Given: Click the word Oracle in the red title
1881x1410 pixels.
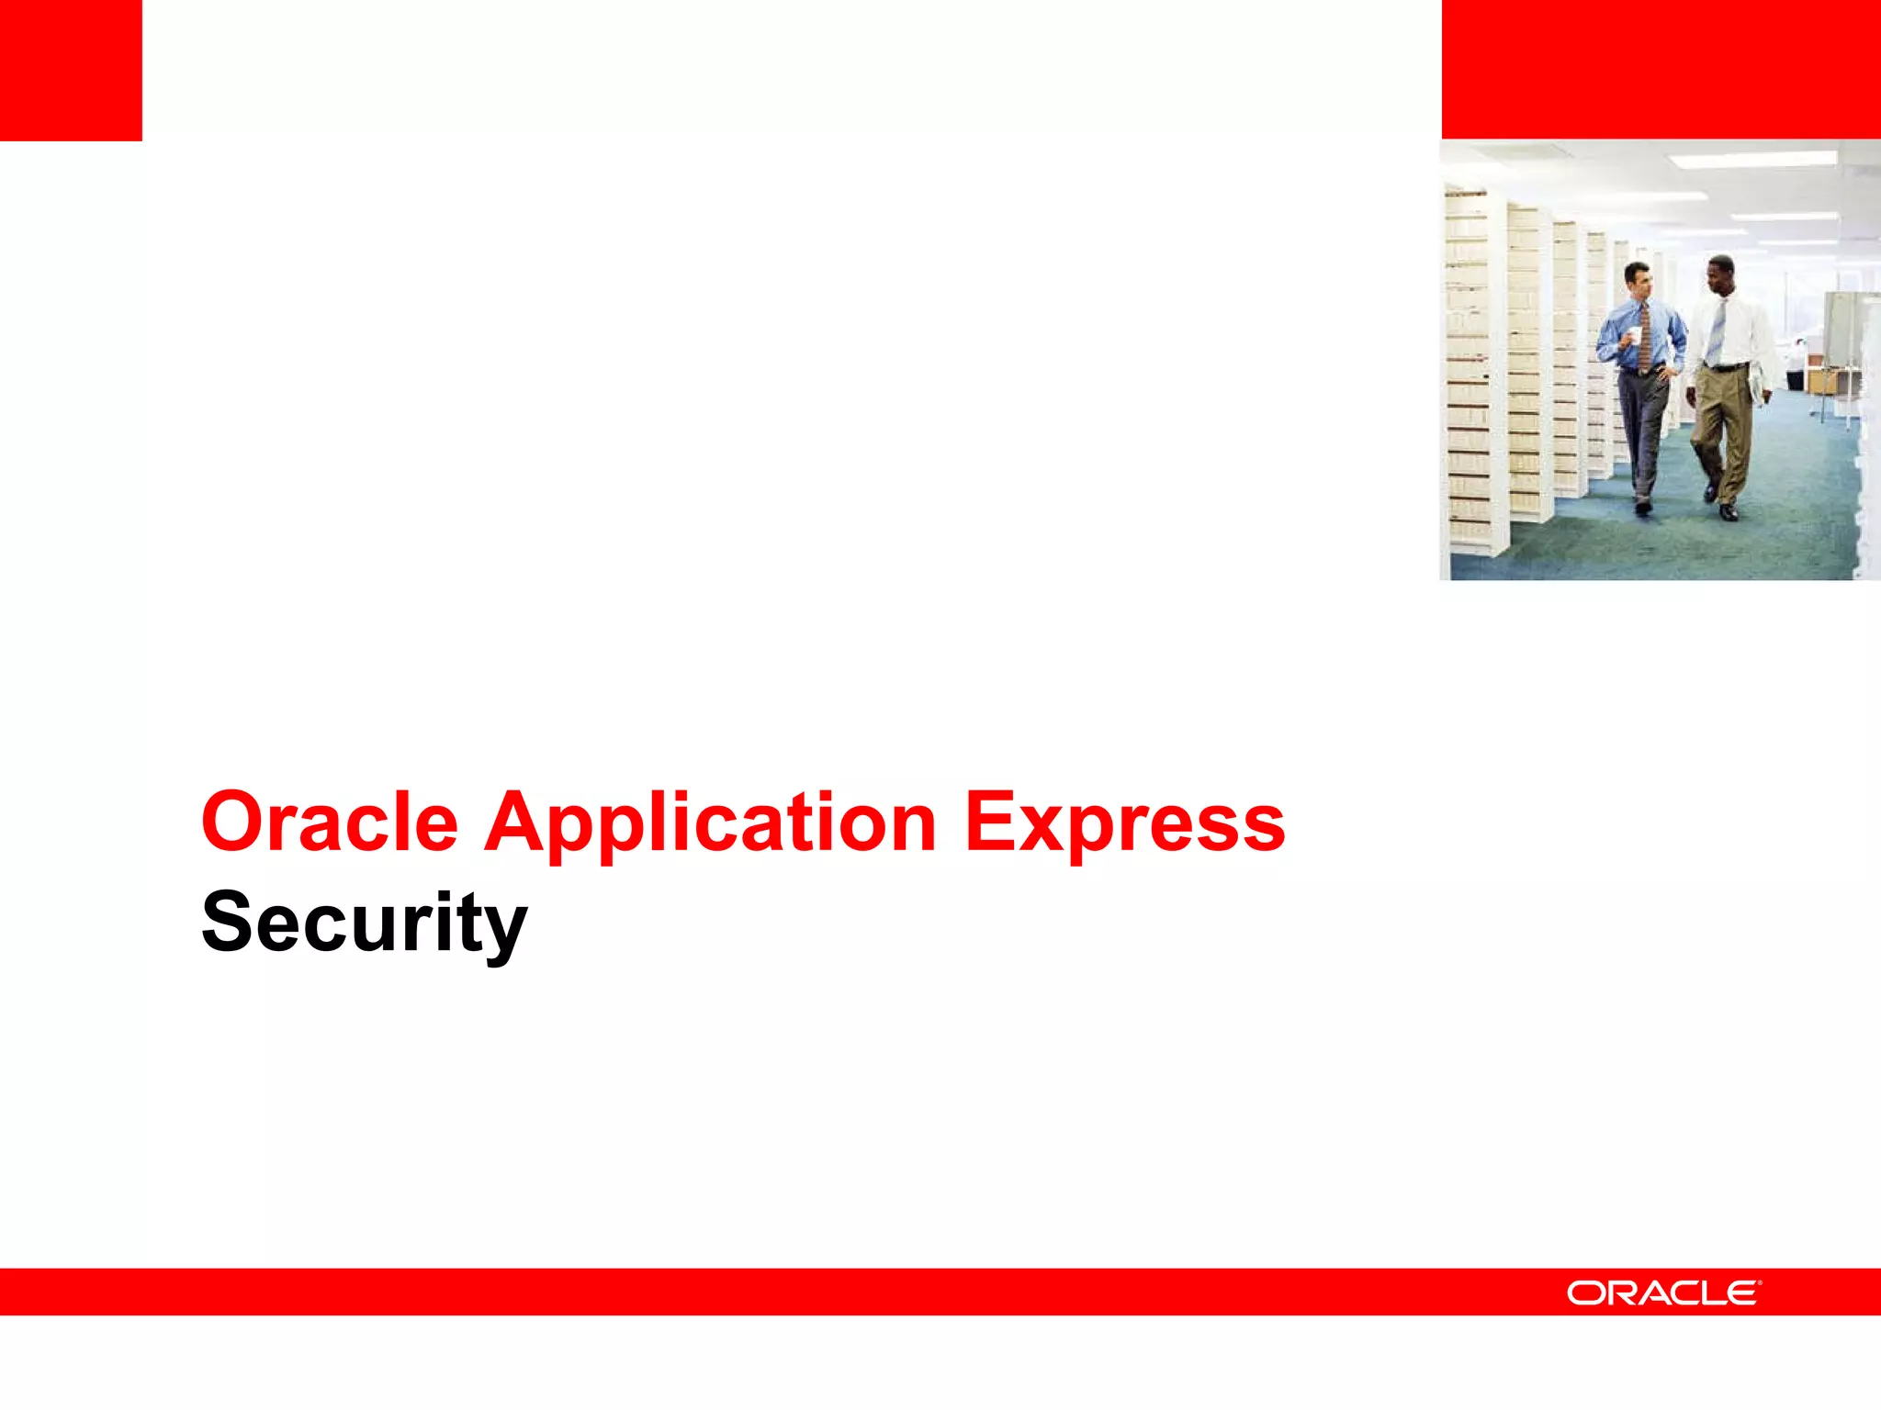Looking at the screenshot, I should coord(329,822).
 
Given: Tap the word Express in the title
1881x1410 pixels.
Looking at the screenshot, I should coord(1124,823).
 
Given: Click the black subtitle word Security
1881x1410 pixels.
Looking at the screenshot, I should coord(364,923).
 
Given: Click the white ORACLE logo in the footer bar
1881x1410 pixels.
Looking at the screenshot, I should coord(1662,1292).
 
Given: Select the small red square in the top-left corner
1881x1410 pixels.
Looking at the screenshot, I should coord(71,70).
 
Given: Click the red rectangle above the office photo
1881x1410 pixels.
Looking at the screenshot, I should coord(1661,69).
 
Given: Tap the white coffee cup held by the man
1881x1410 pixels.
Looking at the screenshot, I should coord(1635,335).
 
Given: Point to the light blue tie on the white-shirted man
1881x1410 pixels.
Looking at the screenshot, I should coord(1718,330).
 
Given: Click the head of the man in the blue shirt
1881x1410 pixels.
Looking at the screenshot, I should coord(1637,275).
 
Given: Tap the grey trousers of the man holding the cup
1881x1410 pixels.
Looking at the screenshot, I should coord(1646,431).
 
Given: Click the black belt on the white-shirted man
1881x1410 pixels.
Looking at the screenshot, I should coord(1727,367).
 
